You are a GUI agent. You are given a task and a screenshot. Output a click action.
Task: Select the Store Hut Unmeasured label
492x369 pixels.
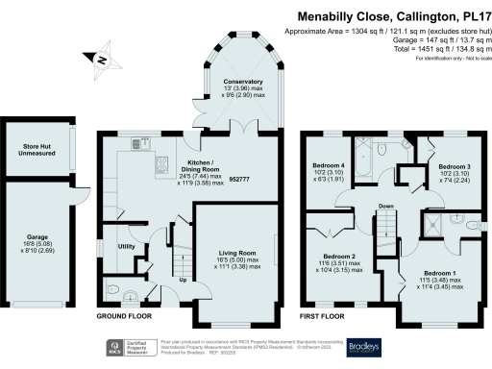click(37, 150)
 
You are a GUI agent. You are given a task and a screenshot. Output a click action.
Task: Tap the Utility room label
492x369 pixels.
click(126, 247)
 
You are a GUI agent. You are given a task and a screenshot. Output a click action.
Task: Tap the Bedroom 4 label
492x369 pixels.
click(329, 165)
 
